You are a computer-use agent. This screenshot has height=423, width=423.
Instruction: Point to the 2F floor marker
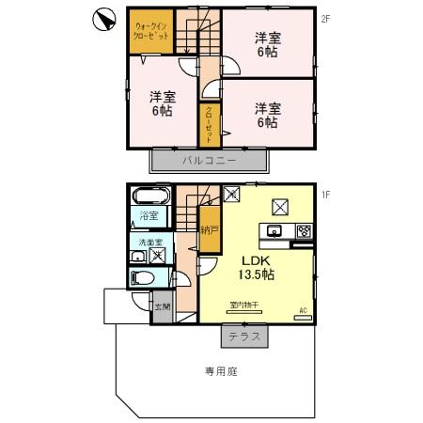(324, 18)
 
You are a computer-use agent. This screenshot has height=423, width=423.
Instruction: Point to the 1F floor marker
(324, 195)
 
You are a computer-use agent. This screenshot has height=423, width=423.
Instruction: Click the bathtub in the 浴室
(149, 197)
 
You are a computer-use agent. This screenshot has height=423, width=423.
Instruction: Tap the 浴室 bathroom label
(149, 217)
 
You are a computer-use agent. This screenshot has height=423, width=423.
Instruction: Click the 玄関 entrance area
(162, 305)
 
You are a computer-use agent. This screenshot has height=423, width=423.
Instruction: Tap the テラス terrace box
(244, 336)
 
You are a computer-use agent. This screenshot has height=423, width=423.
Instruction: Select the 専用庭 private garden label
(221, 371)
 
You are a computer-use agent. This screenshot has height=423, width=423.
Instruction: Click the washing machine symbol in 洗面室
(158, 253)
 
